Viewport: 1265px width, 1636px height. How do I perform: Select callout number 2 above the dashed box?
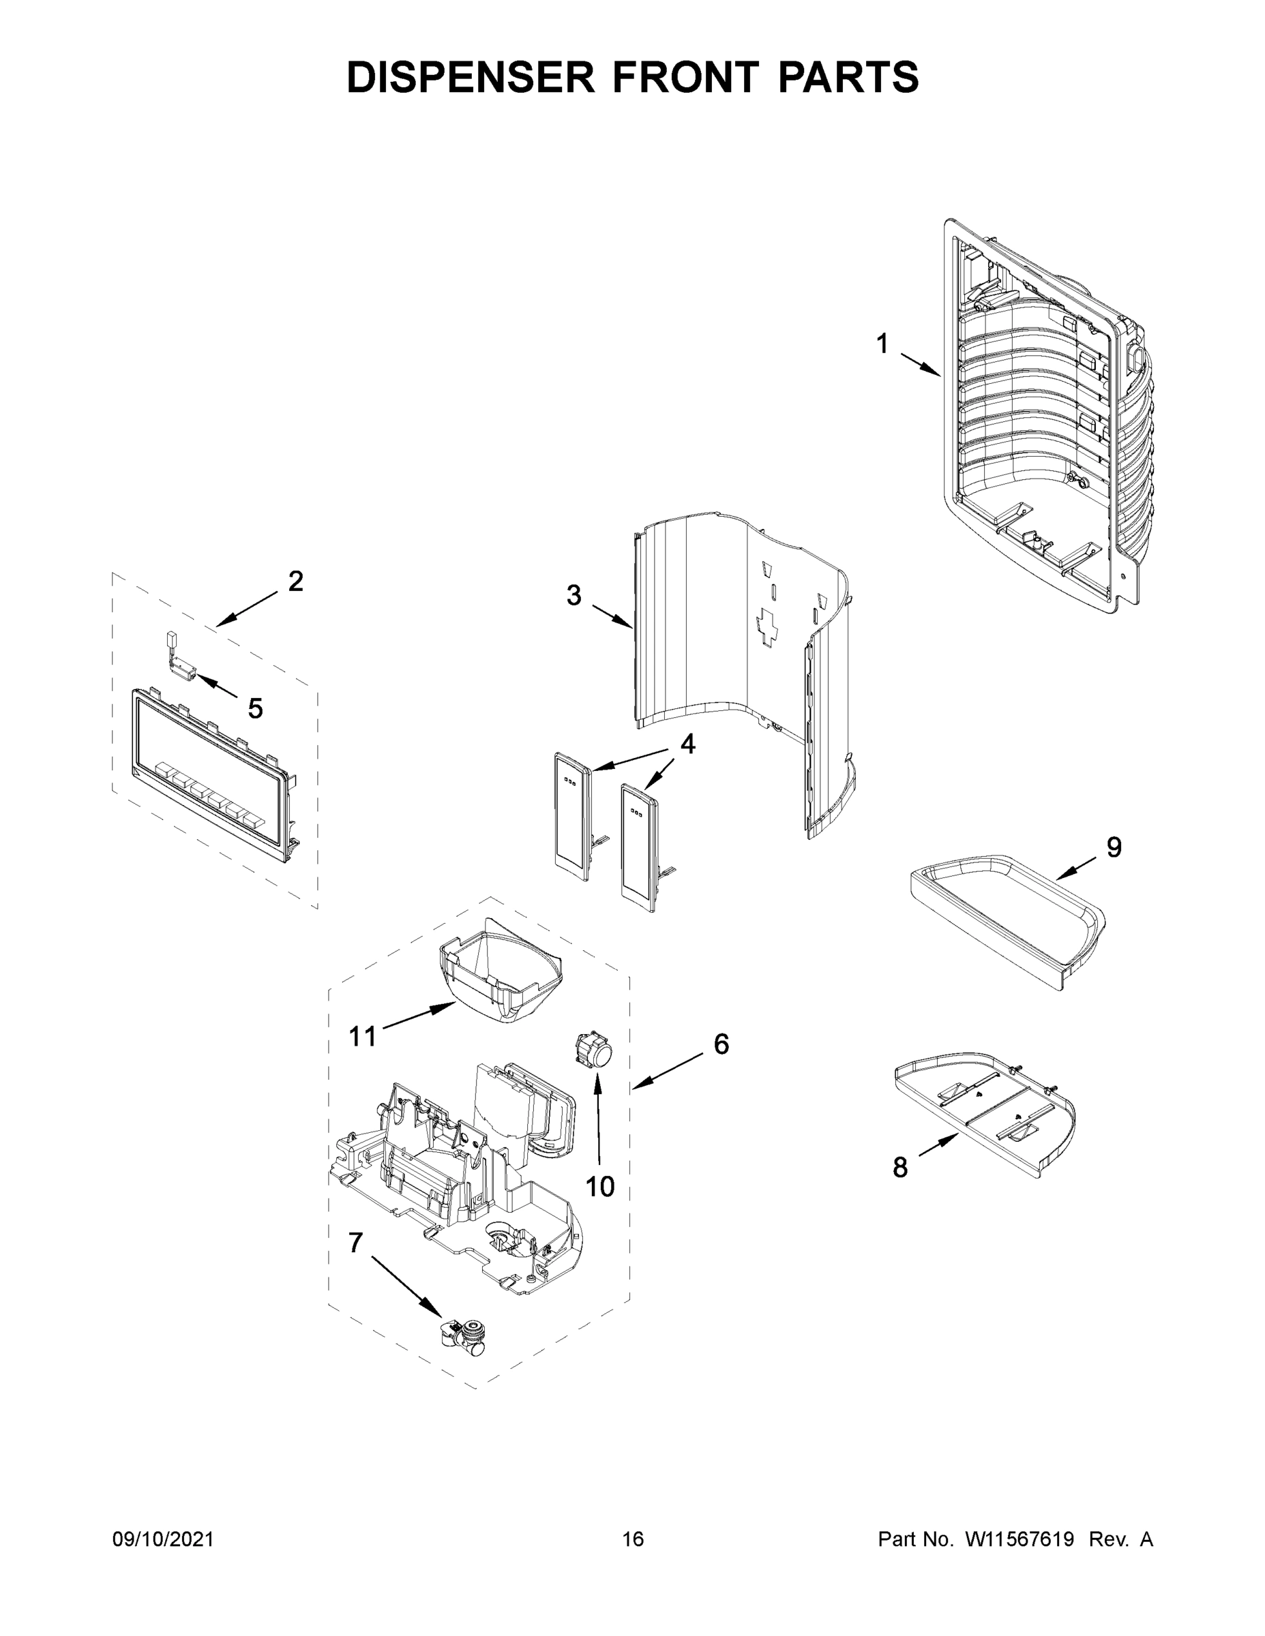(295, 581)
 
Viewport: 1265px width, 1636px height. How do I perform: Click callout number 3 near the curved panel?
(574, 596)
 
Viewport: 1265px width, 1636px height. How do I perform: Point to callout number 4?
(687, 744)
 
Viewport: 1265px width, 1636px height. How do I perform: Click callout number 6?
(720, 1044)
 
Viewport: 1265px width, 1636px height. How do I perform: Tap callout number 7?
(355, 1243)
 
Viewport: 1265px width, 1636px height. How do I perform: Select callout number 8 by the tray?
(900, 1166)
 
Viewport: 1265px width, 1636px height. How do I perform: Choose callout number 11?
(363, 1037)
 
